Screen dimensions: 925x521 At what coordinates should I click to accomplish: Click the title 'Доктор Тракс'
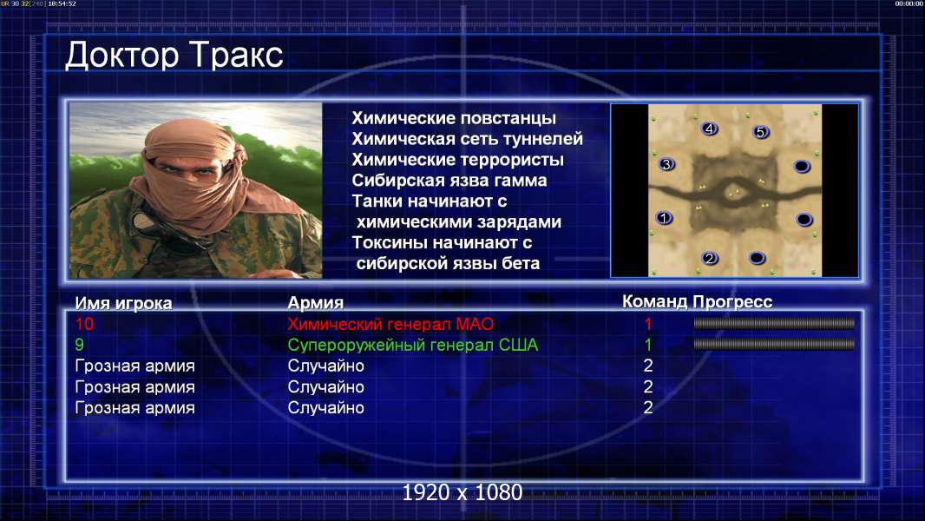coord(174,56)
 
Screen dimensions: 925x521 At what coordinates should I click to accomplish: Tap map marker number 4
coord(709,129)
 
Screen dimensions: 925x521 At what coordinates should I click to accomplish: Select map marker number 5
coord(760,132)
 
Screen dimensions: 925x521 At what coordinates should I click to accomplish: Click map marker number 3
coord(666,165)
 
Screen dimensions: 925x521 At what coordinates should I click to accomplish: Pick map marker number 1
coord(664,218)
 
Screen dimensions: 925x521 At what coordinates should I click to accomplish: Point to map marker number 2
coord(710,258)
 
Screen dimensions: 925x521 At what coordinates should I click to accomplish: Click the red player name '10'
coord(84,324)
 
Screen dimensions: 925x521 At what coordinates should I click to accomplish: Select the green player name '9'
coord(80,345)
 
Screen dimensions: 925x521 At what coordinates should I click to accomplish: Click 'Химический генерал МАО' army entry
coord(390,324)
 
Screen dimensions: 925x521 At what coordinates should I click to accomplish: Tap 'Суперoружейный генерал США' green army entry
coord(412,346)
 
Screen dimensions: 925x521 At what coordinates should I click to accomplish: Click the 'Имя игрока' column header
coord(123,303)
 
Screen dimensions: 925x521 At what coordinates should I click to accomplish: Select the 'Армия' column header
coord(315,303)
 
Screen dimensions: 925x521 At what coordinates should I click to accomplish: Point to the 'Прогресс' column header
coord(732,302)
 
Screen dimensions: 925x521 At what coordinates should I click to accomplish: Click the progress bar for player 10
coord(774,323)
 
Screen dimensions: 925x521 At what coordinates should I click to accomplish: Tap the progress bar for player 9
coord(774,344)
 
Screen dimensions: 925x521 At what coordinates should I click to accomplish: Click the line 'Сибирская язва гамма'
coord(449,181)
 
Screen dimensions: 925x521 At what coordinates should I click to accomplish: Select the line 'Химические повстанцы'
coord(454,118)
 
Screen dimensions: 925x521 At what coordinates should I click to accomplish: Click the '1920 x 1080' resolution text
coord(462,492)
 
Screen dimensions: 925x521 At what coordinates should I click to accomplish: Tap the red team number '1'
coord(648,324)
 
